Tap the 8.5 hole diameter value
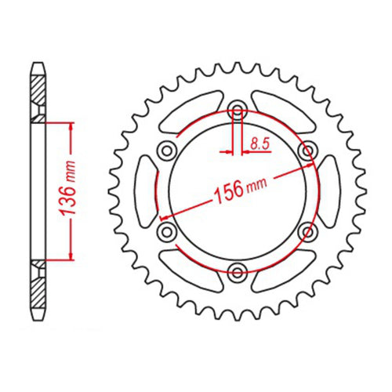[258, 143]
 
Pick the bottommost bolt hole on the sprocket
[238, 271]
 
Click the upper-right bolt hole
[307, 151]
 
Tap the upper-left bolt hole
[167, 151]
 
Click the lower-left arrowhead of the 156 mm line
[163, 216]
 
